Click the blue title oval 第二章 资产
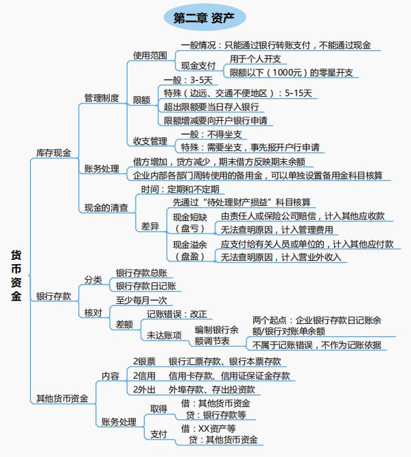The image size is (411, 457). click(204, 17)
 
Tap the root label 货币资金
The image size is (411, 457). click(16, 275)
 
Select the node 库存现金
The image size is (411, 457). click(54, 153)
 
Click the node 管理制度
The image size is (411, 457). click(102, 98)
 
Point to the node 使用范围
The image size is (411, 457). click(150, 56)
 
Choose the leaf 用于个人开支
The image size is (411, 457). click(255, 59)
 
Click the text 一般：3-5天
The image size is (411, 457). click(188, 80)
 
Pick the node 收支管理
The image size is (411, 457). click(150, 141)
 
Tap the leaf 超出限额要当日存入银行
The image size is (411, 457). click(211, 106)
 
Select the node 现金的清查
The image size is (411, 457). click(106, 207)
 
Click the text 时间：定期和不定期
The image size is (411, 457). click(180, 189)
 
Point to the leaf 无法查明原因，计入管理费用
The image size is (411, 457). click(277, 230)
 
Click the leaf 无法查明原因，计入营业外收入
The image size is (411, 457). click(281, 257)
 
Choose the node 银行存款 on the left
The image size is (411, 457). click(54, 296)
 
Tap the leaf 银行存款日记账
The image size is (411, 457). click(146, 286)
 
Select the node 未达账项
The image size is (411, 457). click(164, 335)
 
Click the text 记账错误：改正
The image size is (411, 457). click(177, 314)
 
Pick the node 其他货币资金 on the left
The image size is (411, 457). click(62, 398)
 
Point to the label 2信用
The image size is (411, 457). click(144, 375)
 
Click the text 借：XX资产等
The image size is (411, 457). click(208, 428)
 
